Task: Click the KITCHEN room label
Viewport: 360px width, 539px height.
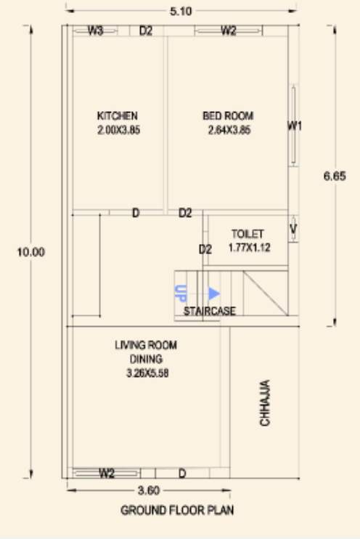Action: pos(117,115)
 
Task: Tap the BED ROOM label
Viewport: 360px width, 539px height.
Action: pos(223,115)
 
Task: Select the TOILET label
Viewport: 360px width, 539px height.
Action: pos(247,234)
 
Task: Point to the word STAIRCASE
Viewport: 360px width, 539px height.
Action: pos(210,311)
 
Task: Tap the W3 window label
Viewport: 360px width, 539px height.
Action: pos(96,31)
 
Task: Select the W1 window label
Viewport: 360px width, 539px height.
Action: pos(295,126)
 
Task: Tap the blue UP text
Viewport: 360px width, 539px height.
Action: pos(180,293)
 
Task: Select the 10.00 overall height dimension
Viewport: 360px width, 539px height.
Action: pos(31,252)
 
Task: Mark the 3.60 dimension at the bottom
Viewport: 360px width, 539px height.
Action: pos(149,490)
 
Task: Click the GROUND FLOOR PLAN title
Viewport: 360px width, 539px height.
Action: pos(177,510)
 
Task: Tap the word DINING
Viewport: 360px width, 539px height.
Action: pos(145,359)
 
